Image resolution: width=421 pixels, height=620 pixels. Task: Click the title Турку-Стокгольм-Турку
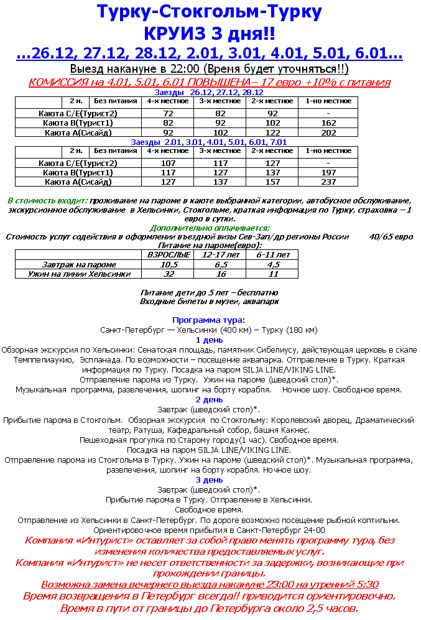click(210, 12)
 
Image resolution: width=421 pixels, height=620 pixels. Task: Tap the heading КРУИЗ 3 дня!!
click(210, 33)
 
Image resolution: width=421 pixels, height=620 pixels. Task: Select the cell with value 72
click(168, 114)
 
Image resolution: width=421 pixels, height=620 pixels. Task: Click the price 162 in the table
click(329, 123)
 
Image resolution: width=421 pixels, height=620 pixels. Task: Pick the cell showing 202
click(329, 132)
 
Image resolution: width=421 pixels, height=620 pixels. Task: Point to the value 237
click(329, 182)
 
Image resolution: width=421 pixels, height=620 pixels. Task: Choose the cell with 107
click(168, 164)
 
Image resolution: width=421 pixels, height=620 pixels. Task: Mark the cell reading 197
click(329, 173)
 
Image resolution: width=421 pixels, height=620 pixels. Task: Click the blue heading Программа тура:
click(209, 320)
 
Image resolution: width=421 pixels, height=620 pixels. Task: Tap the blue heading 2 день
click(209, 400)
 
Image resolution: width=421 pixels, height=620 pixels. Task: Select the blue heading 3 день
click(209, 479)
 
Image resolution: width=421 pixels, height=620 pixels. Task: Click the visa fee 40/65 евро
click(391, 236)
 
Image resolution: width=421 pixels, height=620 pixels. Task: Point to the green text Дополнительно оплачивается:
click(210, 228)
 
